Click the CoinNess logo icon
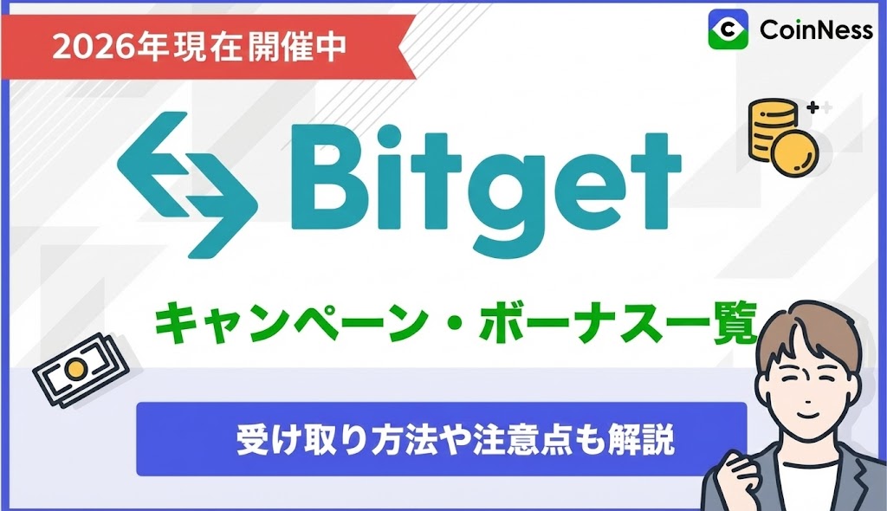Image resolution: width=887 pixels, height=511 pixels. [728, 29]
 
